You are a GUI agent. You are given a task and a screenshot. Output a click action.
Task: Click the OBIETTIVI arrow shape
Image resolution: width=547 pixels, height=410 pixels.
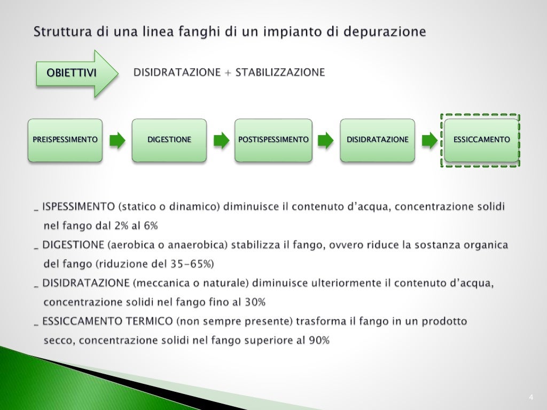(75, 73)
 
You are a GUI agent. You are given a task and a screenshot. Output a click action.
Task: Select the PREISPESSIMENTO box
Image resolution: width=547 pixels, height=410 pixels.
(65, 140)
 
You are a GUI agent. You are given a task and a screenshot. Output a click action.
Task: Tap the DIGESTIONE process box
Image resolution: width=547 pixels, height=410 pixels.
(169, 140)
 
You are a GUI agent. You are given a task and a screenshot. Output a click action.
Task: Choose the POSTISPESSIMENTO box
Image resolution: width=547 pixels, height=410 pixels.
(273, 140)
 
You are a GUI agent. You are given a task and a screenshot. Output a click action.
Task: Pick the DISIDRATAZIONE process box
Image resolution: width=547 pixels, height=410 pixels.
(377, 140)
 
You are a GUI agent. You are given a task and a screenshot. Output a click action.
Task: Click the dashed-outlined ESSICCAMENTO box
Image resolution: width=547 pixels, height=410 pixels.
(481, 140)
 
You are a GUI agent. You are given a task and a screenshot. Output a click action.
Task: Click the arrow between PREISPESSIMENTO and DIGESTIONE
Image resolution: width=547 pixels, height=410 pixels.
(118, 140)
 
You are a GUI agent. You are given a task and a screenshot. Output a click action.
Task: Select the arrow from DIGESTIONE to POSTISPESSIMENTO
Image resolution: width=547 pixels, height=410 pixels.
(221, 140)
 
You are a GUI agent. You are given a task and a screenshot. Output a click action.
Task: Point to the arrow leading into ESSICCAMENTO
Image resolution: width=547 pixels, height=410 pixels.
(429, 140)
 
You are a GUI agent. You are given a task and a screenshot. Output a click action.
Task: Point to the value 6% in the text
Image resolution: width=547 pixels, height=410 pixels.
(150, 226)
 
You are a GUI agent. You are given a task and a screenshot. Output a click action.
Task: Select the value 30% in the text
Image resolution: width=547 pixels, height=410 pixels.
(255, 302)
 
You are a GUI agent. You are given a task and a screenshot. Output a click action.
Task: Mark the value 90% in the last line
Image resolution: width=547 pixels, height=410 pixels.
(319, 340)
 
